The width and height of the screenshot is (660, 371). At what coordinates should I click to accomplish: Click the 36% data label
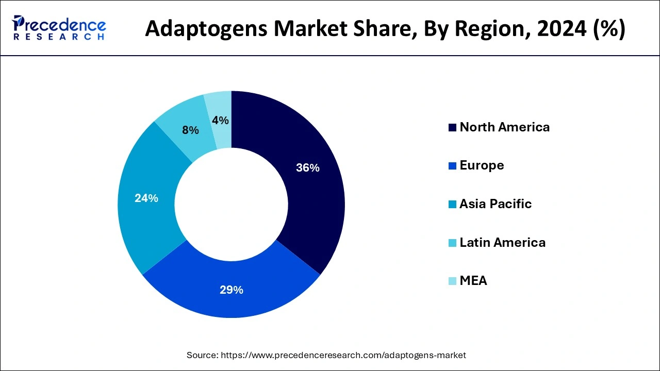[308, 167]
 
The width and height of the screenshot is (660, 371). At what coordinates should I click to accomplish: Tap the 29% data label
[231, 290]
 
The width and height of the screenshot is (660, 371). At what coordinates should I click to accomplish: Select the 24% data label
[146, 198]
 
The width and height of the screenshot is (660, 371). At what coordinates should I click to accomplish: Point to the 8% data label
[190, 130]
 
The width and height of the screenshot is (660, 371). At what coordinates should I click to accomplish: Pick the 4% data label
[220, 120]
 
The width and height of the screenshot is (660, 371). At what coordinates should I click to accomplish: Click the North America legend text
[504, 127]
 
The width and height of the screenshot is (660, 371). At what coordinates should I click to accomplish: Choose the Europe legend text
[482, 165]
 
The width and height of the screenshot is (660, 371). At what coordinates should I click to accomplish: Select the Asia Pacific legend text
[495, 204]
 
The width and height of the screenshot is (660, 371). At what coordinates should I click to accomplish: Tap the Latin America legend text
[502, 243]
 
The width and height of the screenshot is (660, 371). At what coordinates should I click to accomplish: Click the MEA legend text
[473, 281]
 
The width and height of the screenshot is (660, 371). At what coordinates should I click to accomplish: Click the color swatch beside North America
[452, 128]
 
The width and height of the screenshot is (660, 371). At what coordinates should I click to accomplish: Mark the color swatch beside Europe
[452, 166]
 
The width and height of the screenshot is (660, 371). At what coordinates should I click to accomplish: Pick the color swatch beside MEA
[452, 281]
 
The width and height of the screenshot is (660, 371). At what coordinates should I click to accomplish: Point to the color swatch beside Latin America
[452, 243]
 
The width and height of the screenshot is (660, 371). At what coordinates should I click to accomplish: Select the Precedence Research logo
[59, 28]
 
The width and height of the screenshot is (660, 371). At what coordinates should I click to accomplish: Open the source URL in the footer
[343, 355]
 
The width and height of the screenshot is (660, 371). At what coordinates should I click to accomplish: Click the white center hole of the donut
[232, 204]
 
